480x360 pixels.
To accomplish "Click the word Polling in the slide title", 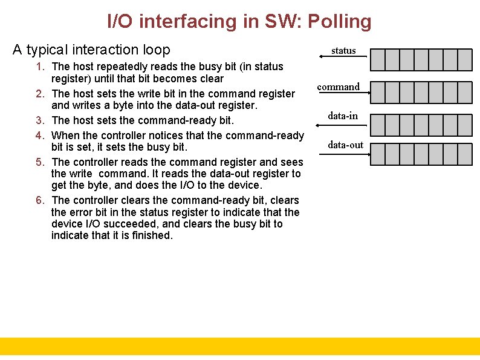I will coord(339,22).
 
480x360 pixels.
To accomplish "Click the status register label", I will coord(343,51).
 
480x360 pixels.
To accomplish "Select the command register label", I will coord(339,87).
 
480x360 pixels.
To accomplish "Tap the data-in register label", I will coord(343,115).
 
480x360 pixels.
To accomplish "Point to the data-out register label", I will coord(346,145).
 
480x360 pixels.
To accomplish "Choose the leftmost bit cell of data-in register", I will coord(377,125).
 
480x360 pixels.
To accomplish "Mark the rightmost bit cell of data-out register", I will coord(465,155).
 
